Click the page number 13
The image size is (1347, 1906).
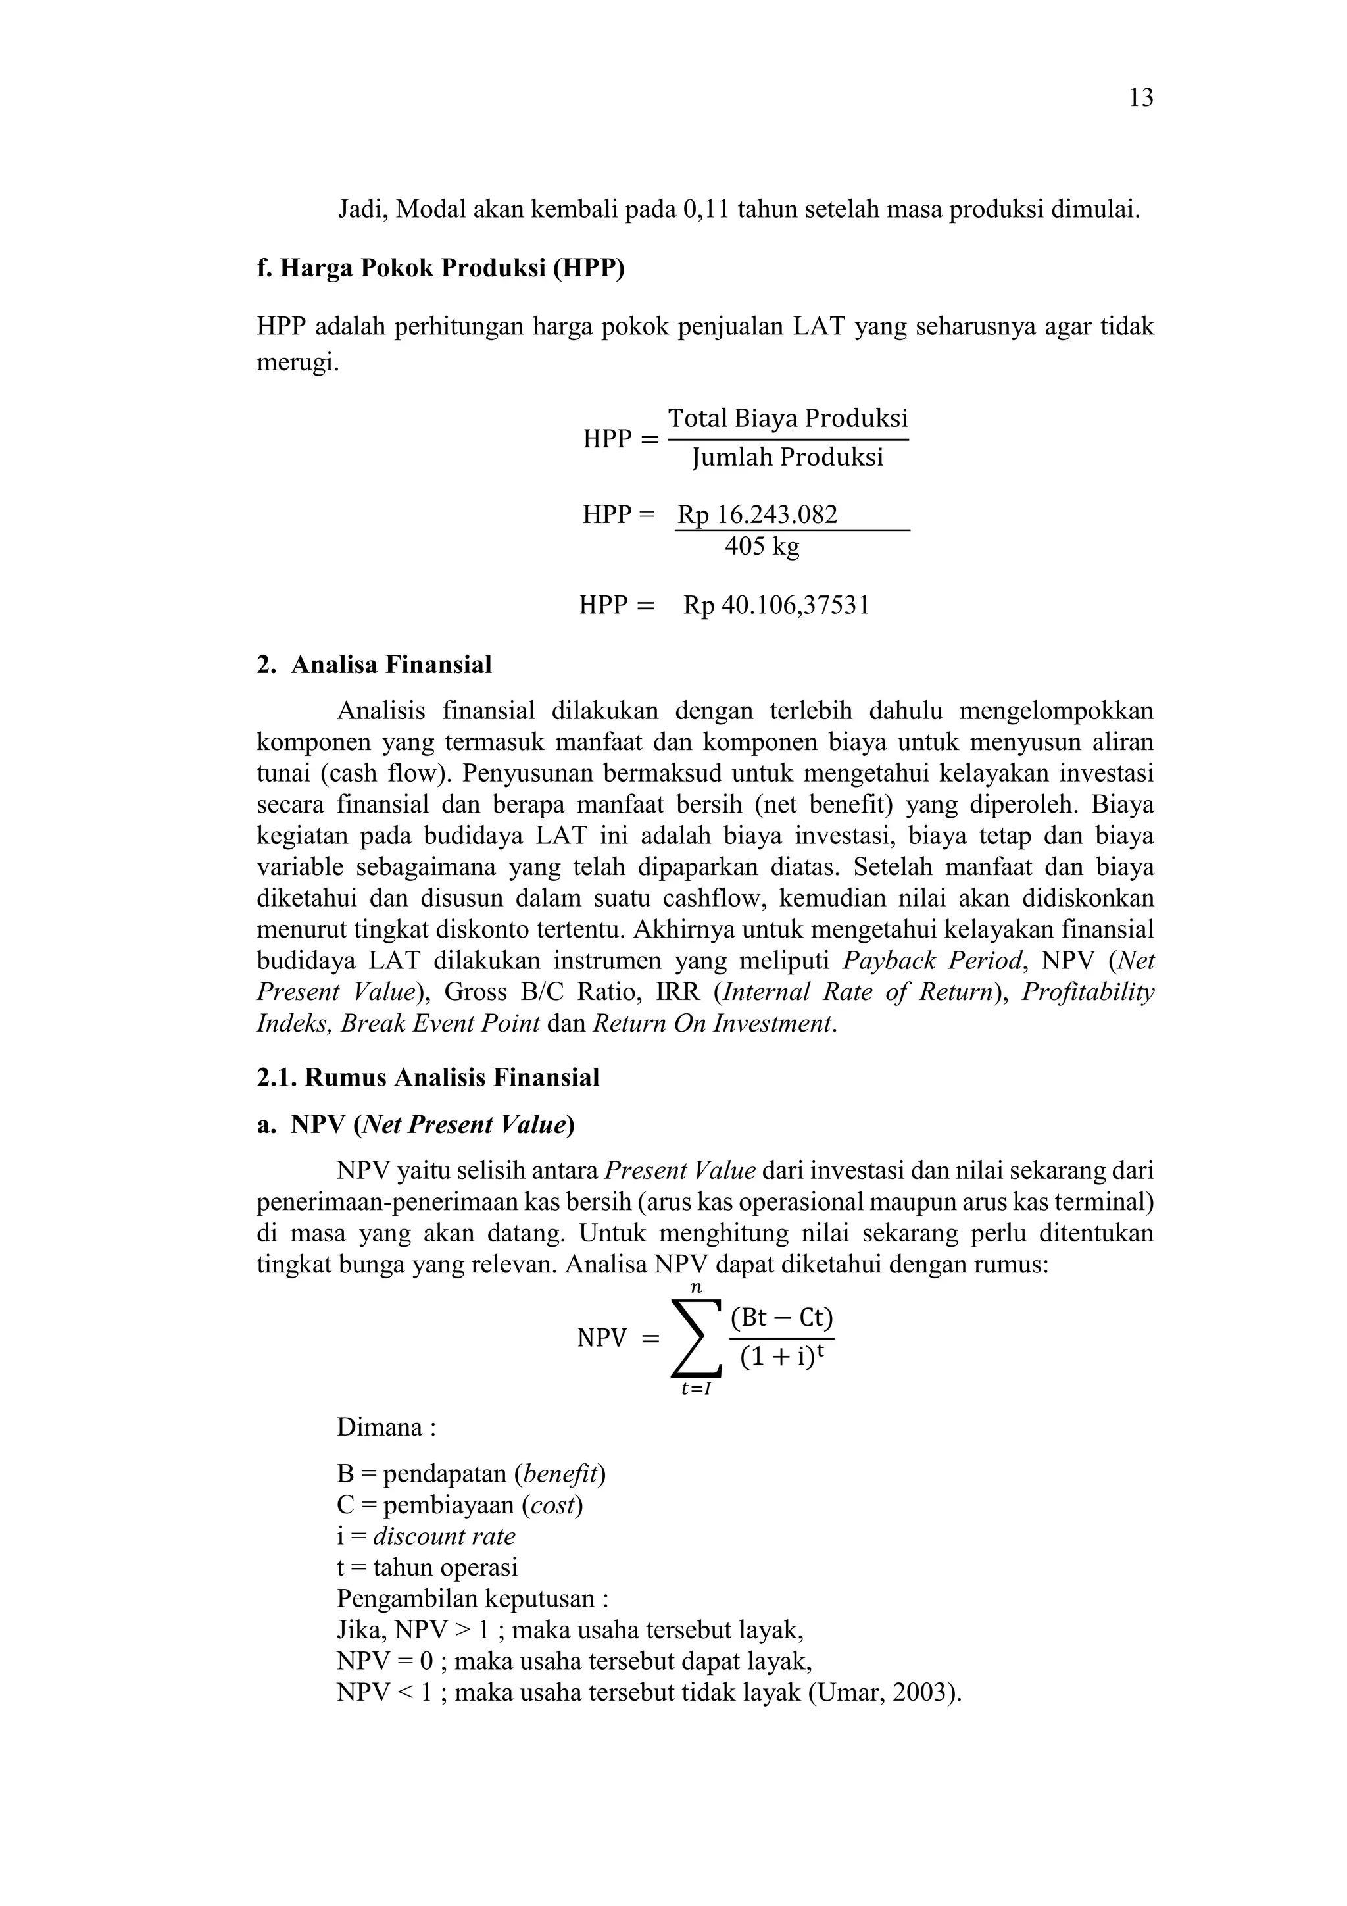tap(1141, 98)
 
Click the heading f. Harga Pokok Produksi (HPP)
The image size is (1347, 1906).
tap(440, 268)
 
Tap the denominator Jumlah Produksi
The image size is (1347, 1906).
tap(788, 457)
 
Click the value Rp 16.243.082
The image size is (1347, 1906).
tap(757, 514)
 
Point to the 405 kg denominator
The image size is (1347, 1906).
tap(762, 546)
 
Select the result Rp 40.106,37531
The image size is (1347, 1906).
tap(776, 605)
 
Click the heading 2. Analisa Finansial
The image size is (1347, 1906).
tap(374, 665)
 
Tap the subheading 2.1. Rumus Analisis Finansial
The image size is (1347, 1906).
tap(428, 1078)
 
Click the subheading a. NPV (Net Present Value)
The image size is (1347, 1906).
tap(416, 1125)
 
